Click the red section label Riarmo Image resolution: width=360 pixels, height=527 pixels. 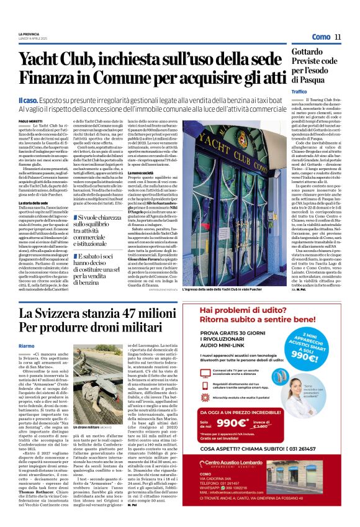tap(27, 345)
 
